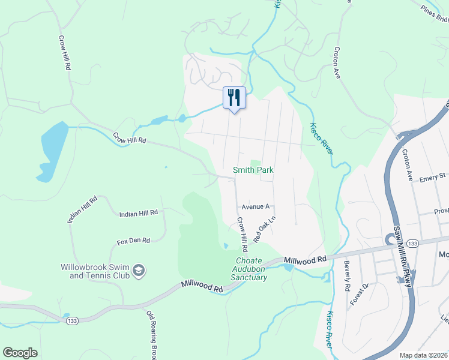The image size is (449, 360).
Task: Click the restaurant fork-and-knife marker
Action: [234, 97]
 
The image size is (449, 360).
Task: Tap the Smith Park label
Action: [253, 170]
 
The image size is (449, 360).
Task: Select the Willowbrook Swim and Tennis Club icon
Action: [139, 272]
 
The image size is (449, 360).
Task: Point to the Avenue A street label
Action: [256, 206]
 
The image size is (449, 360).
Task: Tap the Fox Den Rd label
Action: [133, 241]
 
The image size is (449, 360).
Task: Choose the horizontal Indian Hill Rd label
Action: [138, 213]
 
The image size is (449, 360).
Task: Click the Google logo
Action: [20, 353]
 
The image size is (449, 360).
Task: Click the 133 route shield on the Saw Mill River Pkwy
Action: [396, 243]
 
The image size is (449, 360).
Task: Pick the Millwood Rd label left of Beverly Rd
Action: [306, 258]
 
